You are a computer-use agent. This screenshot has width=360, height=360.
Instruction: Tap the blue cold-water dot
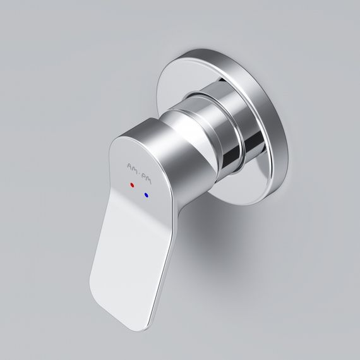coord(147,196)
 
